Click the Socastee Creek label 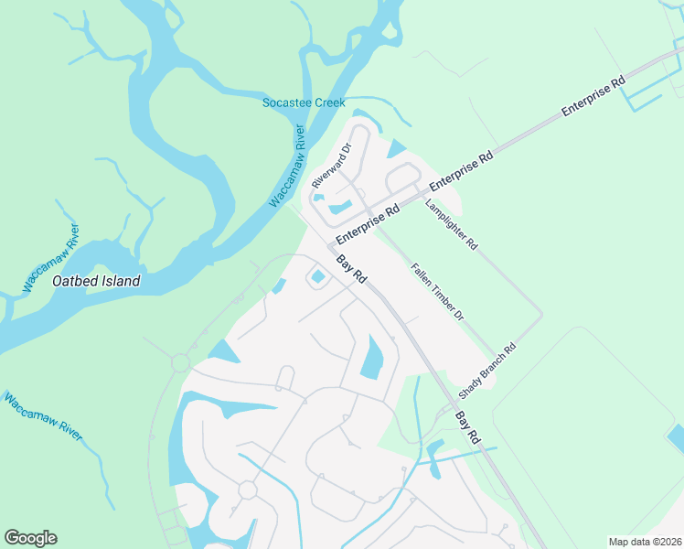pyautogui.click(x=304, y=102)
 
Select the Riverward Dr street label pyautogui.click(x=331, y=166)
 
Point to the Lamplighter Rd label pyautogui.click(x=452, y=224)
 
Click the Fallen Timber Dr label pyautogui.click(x=438, y=292)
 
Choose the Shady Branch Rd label pyautogui.click(x=487, y=371)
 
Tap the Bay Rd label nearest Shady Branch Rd pyautogui.click(x=467, y=427)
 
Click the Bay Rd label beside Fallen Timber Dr pyautogui.click(x=352, y=269)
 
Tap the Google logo pyautogui.click(x=30, y=538)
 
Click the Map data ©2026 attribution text pyautogui.click(x=645, y=542)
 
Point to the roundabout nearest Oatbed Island pyautogui.click(x=181, y=363)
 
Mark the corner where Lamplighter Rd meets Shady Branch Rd pyautogui.click(x=541, y=315)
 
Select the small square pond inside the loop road pyautogui.click(x=318, y=276)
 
